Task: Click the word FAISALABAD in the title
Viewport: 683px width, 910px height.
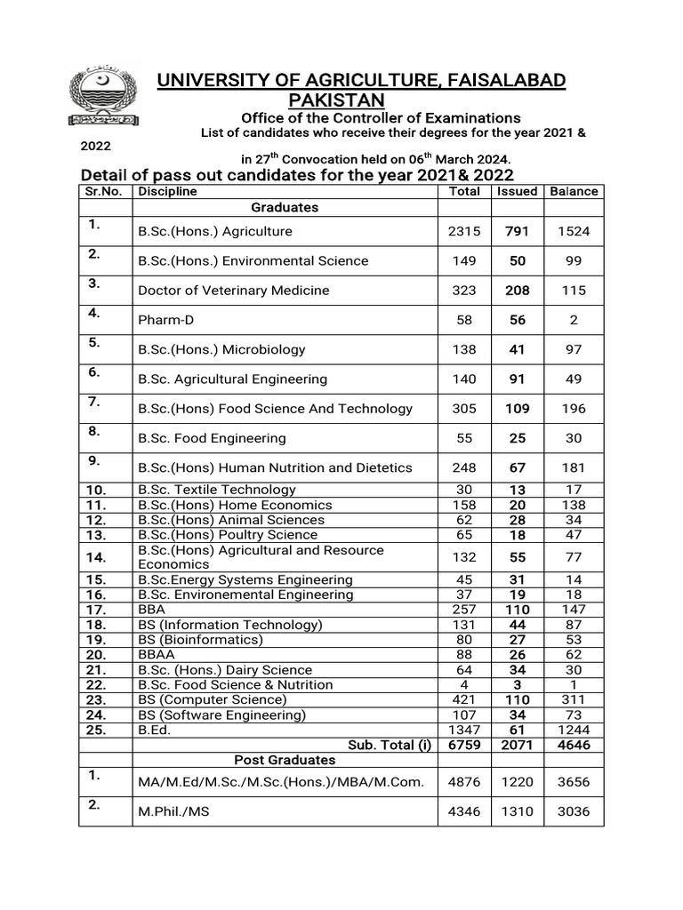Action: click(501, 81)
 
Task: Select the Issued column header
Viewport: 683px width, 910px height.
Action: click(517, 191)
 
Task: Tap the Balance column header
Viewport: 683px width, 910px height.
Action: click(574, 191)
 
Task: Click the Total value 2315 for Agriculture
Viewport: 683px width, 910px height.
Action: click(464, 231)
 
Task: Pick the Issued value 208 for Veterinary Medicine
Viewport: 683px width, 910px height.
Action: click(517, 291)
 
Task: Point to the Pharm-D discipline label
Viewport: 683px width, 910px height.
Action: click(166, 320)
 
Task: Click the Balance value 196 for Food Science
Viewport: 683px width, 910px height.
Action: click(574, 409)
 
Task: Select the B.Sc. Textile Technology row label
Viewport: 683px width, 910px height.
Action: click(217, 490)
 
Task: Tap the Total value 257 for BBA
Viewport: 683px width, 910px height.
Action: click(464, 610)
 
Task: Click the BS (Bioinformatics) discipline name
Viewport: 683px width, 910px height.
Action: click(201, 640)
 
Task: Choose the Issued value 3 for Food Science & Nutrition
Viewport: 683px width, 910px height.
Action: click(517, 685)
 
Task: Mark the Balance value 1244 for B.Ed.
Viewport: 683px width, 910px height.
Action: click(574, 730)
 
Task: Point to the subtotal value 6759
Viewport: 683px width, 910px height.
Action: click(464, 746)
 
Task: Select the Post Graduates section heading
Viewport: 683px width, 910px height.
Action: click(285, 760)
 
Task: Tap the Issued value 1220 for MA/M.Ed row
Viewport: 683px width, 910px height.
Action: click(517, 782)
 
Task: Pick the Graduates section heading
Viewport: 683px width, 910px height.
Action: click(285, 207)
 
